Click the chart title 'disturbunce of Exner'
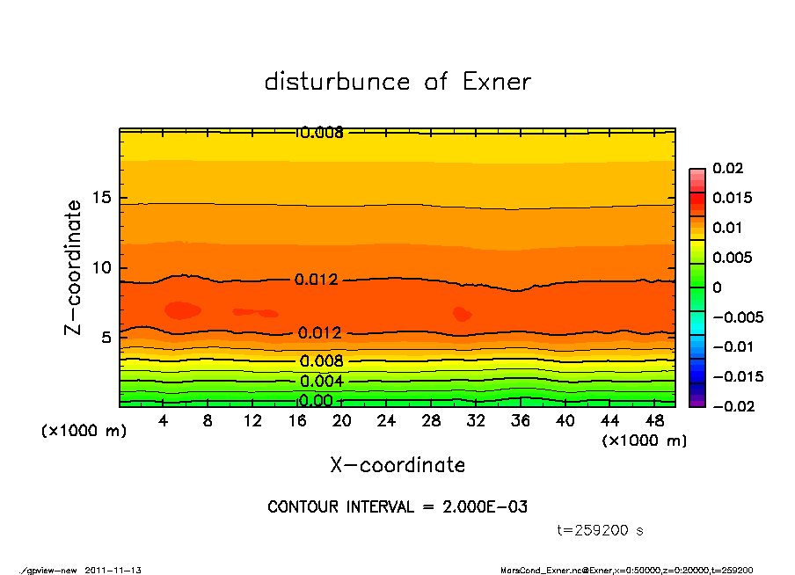(x=397, y=82)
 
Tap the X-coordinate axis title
(x=397, y=465)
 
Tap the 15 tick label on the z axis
(x=102, y=198)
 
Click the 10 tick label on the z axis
(x=102, y=267)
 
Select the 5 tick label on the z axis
(x=106, y=337)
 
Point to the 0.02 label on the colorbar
(x=728, y=168)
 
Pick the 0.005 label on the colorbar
(x=732, y=258)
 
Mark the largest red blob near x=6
(x=183, y=309)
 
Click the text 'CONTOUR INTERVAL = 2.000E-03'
(x=397, y=507)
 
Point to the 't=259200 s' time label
(x=601, y=531)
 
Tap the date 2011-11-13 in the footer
(x=113, y=570)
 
